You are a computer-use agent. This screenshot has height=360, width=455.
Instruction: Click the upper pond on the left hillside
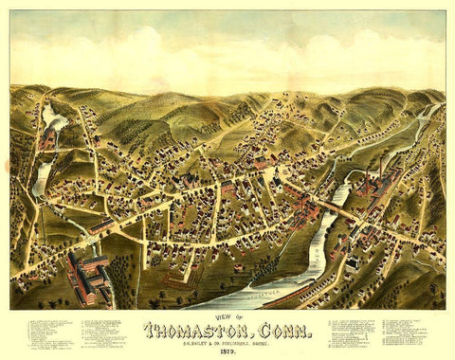(x=50, y=119)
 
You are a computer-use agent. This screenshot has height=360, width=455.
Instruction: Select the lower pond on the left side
(x=42, y=176)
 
